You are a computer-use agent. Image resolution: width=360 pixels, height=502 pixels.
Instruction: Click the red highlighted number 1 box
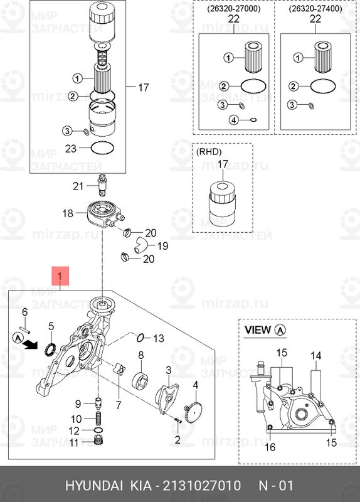click(x=60, y=275)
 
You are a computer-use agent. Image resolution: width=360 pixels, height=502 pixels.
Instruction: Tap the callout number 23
click(x=71, y=149)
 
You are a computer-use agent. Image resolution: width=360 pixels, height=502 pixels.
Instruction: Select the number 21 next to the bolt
click(x=78, y=186)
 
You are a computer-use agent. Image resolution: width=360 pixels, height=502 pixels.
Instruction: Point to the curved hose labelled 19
click(x=140, y=244)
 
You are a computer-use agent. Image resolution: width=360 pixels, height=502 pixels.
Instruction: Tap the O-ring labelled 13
click(x=140, y=337)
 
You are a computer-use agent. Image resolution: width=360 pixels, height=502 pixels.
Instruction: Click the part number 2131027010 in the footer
click(x=202, y=485)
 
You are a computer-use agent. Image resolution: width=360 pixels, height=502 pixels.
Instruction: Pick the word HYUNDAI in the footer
click(x=94, y=485)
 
